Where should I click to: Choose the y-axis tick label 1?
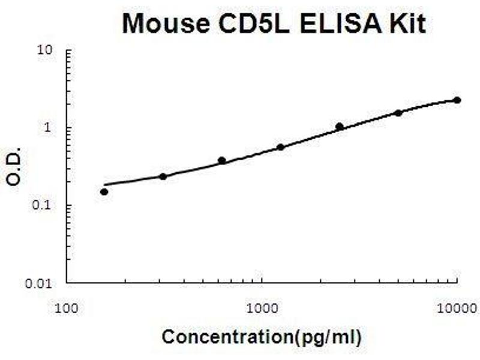click(x=52, y=128)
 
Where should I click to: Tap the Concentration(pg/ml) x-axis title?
click(x=262, y=337)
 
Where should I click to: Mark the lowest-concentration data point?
click(x=104, y=192)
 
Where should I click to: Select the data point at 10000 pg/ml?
click(x=457, y=100)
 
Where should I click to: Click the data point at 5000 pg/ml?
click(x=398, y=113)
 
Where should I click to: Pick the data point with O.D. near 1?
click(x=340, y=127)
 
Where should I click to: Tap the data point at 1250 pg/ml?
click(x=281, y=147)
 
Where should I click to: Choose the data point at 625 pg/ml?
click(x=222, y=161)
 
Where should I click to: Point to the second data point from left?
click(x=163, y=176)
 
